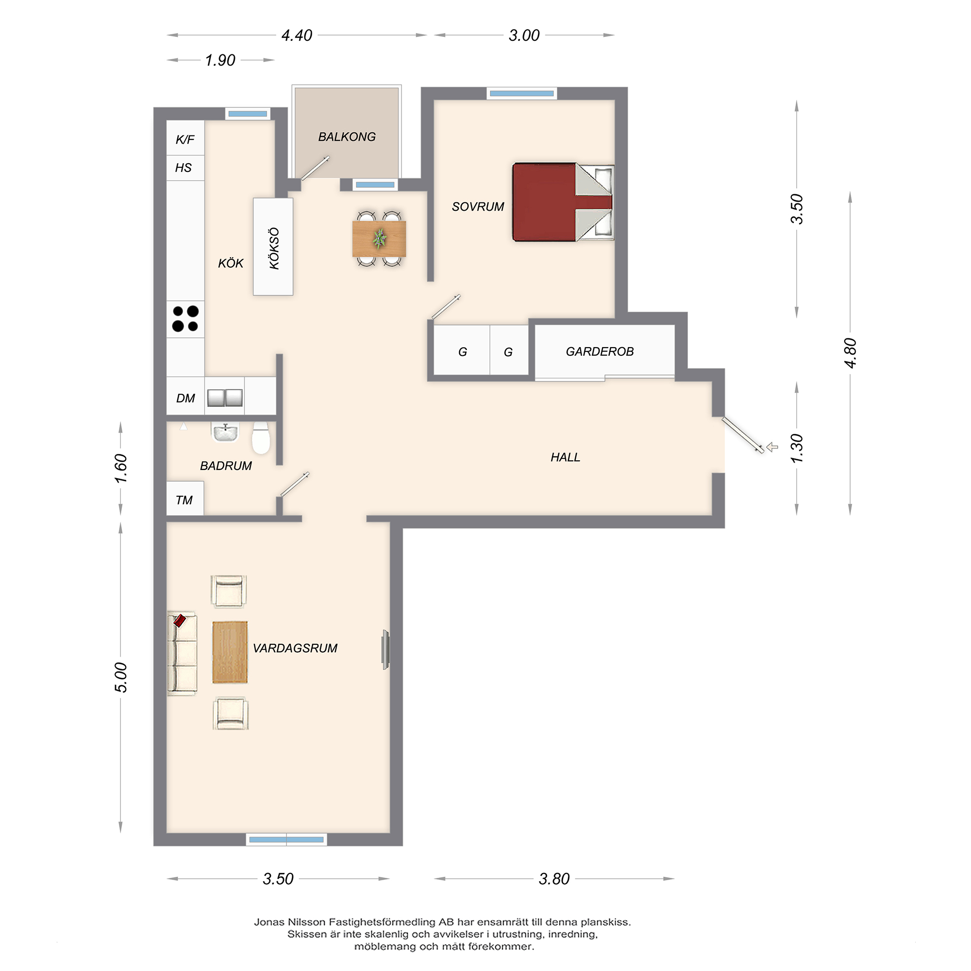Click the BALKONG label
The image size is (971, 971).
pos(347,137)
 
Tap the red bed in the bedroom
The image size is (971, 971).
pos(563,202)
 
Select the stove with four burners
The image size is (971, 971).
pos(185,318)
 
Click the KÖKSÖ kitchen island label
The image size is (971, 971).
pos(274,248)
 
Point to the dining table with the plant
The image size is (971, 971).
pos(379,239)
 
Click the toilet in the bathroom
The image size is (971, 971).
pos(261,438)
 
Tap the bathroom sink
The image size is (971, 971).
pos(226,432)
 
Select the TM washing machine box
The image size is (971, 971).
pos(185,498)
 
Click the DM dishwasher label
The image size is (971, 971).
pos(185,398)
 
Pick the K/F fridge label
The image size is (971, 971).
pos(185,139)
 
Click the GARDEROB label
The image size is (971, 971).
pos(600,352)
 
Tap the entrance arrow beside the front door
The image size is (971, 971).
pos(772,447)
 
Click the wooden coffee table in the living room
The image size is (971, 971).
pos(230,653)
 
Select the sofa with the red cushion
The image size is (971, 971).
pos(182,653)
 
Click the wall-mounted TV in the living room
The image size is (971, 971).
pos(385,649)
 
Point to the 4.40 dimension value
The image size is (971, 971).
pos(297,35)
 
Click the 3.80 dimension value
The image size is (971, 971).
pos(554,879)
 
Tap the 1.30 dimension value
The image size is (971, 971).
pos(797,448)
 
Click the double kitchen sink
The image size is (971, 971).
pos(225,398)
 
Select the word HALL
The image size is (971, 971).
pos(566,457)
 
